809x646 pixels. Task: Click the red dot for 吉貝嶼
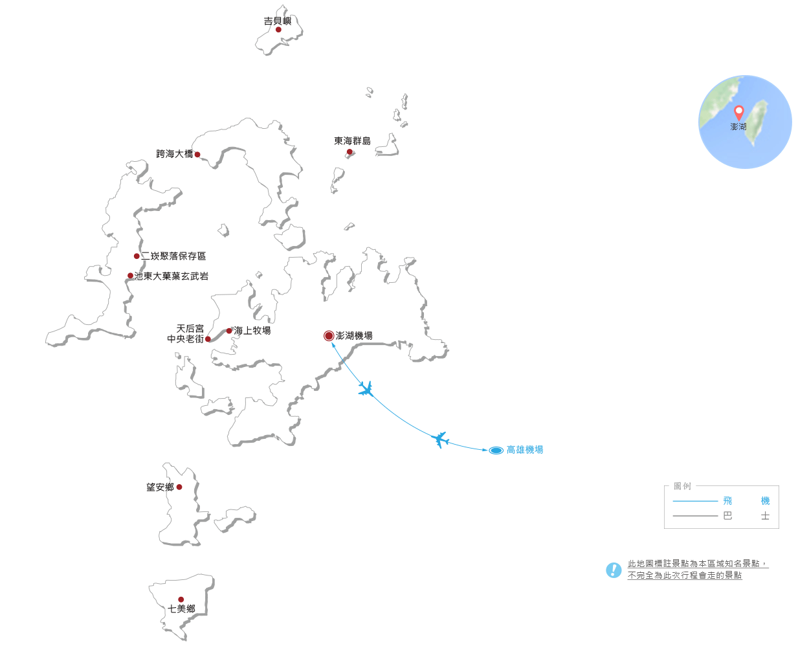click(x=278, y=30)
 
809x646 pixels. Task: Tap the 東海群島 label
click(x=352, y=141)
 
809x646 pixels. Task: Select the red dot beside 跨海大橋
click(x=197, y=155)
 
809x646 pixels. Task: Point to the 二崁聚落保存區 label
click(x=173, y=256)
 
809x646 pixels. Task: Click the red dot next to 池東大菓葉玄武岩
click(x=130, y=276)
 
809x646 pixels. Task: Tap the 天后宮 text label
click(x=190, y=329)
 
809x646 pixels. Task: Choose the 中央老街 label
click(x=185, y=339)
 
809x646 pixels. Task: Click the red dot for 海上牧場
click(x=229, y=331)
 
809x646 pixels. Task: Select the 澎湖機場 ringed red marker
click(x=329, y=336)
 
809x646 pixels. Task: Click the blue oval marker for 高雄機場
click(x=496, y=451)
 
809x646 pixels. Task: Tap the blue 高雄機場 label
click(x=525, y=450)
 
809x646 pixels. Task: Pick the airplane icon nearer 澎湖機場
click(x=366, y=389)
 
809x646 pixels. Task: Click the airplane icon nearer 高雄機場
click(x=440, y=440)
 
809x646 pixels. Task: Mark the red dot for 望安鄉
click(x=179, y=487)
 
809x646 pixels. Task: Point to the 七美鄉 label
click(x=182, y=608)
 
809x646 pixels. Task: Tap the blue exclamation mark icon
click(x=614, y=570)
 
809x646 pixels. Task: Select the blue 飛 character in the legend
click(x=727, y=501)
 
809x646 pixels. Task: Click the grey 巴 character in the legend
click(x=727, y=515)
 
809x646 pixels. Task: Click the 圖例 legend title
click(x=682, y=486)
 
